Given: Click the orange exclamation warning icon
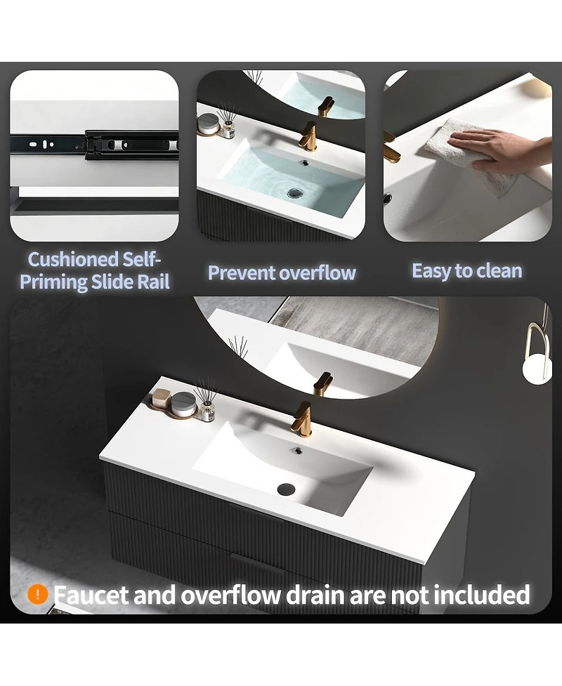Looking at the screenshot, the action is tap(37, 595).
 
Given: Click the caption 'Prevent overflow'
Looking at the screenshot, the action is tap(282, 272).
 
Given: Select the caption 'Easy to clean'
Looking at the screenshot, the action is tap(467, 271).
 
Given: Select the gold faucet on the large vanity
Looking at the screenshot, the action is tap(303, 418).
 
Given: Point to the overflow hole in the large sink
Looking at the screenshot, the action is tap(299, 450).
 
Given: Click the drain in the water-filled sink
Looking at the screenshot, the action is tap(295, 192).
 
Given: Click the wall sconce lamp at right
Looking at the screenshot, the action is tap(540, 350).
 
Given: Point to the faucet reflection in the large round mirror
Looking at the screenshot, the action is tap(322, 384).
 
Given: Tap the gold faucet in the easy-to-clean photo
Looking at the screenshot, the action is tap(391, 147).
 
